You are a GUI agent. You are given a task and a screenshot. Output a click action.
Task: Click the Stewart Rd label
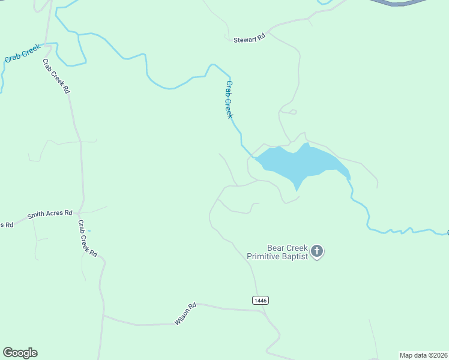coord(249,39)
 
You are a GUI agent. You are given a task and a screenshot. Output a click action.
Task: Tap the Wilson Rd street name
coord(185,314)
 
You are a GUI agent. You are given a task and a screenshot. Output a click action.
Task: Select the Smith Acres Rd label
coord(50,214)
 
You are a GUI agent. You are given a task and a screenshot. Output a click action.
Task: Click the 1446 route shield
coord(260,300)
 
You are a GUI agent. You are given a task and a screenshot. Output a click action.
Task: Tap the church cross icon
coord(318,251)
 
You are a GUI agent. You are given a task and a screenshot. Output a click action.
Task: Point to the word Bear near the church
coord(277,247)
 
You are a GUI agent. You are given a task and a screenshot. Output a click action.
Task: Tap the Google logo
coord(20,353)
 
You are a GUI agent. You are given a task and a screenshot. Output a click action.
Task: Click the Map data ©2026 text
coord(423,355)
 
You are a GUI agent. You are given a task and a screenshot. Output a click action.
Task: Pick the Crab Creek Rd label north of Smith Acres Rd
coord(56,76)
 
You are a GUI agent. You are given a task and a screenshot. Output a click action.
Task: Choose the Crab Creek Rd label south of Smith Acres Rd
coord(87,238)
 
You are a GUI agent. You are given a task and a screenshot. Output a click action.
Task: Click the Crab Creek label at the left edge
coord(22,53)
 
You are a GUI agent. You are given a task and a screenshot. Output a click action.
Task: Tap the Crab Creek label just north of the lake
coord(229,99)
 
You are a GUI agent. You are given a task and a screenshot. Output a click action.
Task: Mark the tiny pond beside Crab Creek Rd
coord(89,230)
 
